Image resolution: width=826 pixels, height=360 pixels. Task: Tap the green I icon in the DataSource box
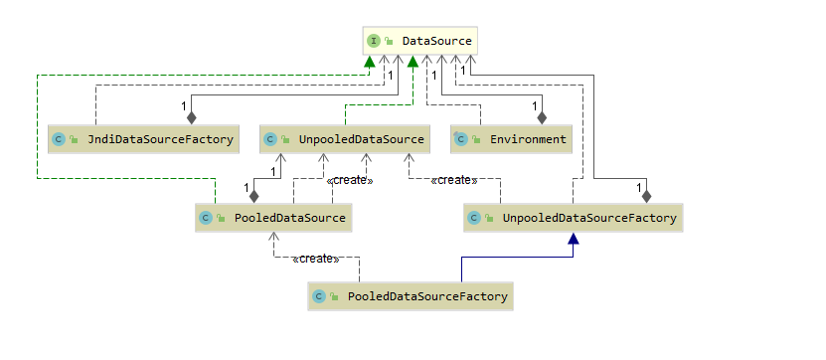[x=374, y=41]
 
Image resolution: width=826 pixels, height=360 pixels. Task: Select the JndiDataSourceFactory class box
[x=143, y=139]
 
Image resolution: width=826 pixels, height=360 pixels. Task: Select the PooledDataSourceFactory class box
[x=411, y=296]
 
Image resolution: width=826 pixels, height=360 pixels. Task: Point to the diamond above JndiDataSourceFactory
[x=191, y=116]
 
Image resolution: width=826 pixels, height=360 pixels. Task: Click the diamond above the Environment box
[x=542, y=116]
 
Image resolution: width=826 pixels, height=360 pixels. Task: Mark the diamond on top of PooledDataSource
[x=253, y=195]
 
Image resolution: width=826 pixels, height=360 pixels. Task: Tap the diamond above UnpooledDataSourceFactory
[x=646, y=195]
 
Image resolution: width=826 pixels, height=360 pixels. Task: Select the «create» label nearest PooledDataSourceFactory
[x=316, y=259]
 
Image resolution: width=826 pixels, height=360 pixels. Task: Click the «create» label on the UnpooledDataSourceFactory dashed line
[x=454, y=180]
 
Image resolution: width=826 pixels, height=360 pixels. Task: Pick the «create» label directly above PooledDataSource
[x=349, y=180]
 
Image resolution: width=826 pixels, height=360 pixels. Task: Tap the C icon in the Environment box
[x=459, y=139]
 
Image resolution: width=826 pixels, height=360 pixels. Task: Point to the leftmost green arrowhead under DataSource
[x=370, y=62]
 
